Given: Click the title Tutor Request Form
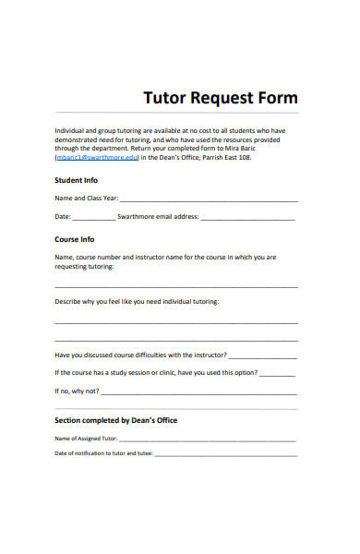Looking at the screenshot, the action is pyautogui.click(x=220, y=98).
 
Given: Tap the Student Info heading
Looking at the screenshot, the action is pyautogui.click(x=76, y=180).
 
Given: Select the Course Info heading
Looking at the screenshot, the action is pyautogui.click(x=75, y=239).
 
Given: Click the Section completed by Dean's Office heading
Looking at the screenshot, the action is pyautogui.click(x=116, y=420).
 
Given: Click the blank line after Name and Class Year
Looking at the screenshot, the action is pyautogui.click(x=209, y=199).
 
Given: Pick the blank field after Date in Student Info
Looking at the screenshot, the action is pyautogui.click(x=93, y=219).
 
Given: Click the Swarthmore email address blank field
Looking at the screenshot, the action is pyautogui.click(x=247, y=219).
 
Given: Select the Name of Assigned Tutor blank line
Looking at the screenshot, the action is pyautogui.click(x=208, y=440).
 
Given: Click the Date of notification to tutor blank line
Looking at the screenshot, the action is pyautogui.click(x=225, y=455).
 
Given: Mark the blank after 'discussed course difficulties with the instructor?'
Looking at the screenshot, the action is pyautogui.click(x=262, y=355).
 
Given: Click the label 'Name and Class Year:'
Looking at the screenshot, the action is pyautogui.click(x=87, y=199).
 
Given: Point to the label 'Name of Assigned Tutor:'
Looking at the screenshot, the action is pyautogui.click(x=87, y=439).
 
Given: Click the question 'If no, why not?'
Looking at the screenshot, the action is pyautogui.click(x=77, y=391).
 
